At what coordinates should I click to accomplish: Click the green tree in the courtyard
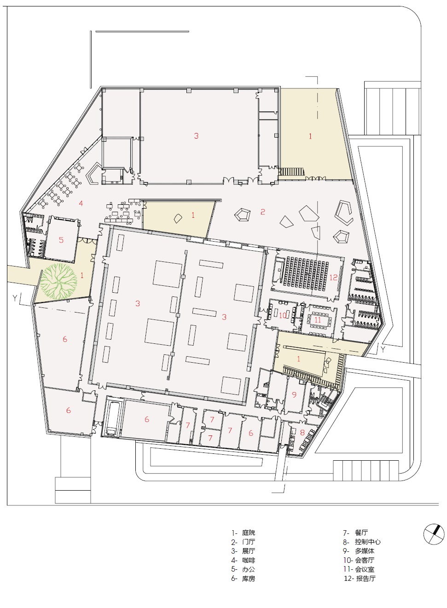click(x=58, y=281)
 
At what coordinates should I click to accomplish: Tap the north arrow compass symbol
click(x=434, y=534)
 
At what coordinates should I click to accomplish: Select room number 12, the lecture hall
click(x=333, y=278)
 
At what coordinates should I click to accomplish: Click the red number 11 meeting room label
click(x=318, y=320)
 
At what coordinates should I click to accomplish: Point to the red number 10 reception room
click(x=283, y=315)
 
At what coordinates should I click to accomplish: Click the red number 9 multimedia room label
click(x=294, y=394)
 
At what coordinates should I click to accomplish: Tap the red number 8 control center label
click(x=302, y=433)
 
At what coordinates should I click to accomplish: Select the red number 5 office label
click(x=61, y=240)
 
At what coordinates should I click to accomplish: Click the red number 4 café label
click(x=81, y=203)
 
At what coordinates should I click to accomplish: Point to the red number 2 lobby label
click(x=262, y=212)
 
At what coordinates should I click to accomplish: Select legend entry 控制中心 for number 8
click(x=368, y=542)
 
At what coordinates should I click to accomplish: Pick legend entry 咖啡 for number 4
click(x=249, y=560)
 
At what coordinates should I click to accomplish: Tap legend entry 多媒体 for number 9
click(x=365, y=551)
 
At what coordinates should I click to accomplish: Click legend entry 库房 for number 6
click(x=249, y=579)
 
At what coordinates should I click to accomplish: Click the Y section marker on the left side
click(x=15, y=298)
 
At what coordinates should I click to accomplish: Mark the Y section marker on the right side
click(x=383, y=350)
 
